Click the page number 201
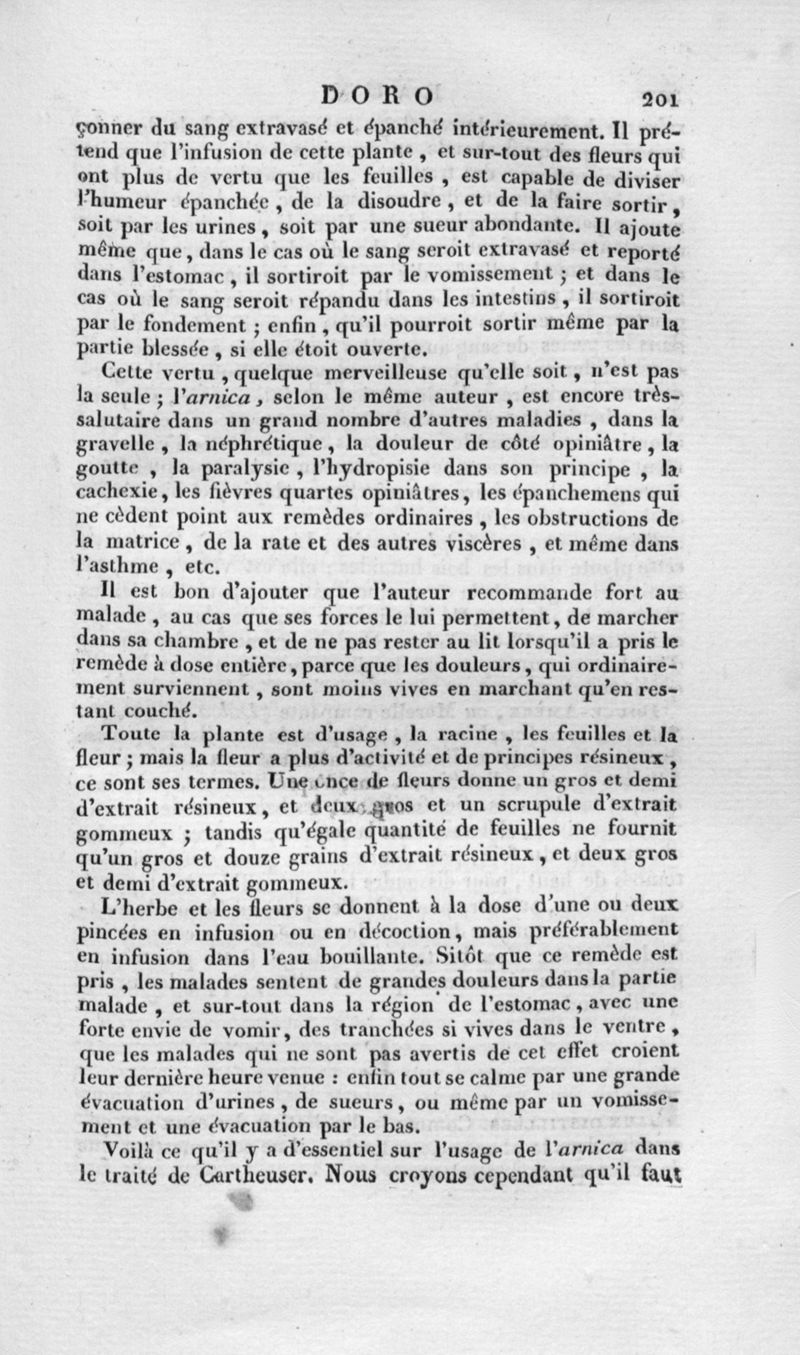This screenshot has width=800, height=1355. [x=662, y=99]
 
